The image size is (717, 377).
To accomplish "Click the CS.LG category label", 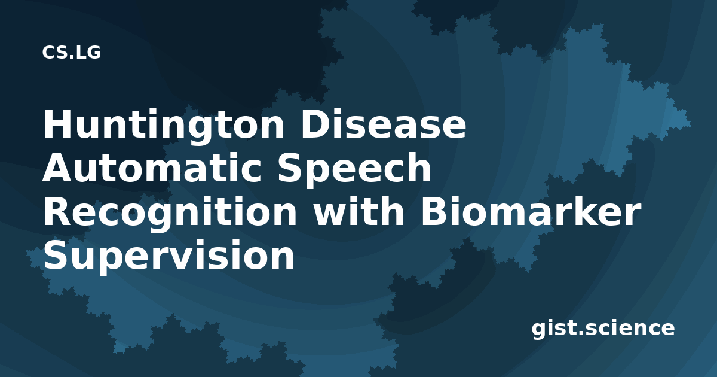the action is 71,53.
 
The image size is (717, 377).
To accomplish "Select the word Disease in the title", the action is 383,124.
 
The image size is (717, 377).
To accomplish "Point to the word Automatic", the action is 152,168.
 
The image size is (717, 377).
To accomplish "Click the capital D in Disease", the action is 315,124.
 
